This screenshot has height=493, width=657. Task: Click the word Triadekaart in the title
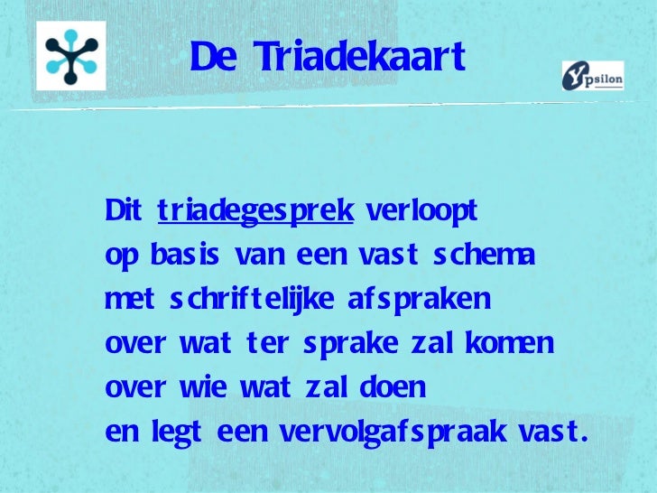click(x=359, y=58)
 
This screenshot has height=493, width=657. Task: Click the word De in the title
click(x=213, y=58)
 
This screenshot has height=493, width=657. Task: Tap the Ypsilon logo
click(x=593, y=76)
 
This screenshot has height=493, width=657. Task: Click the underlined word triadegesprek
click(x=255, y=212)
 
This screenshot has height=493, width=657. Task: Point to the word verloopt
click(x=421, y=212)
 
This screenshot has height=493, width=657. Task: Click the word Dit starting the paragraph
click(x=124, y=212)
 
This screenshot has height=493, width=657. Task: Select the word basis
click(x=180, y=256)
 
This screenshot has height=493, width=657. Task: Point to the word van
click(x=257, y=256)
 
